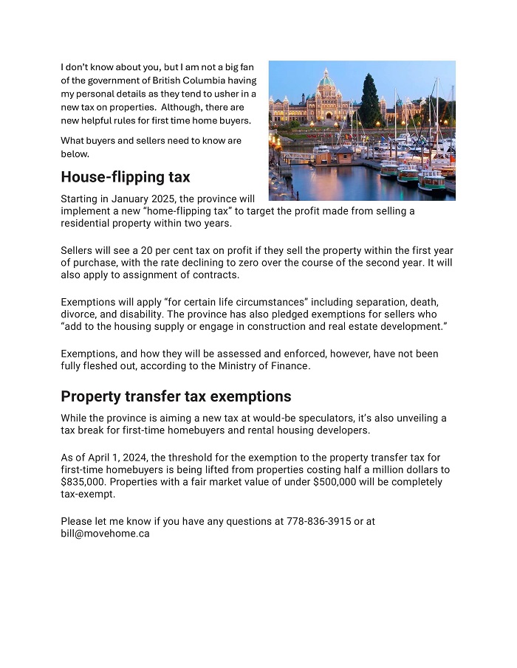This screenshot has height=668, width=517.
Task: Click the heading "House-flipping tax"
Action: pos(125,177)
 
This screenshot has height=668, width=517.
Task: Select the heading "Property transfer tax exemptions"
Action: pos(176,396)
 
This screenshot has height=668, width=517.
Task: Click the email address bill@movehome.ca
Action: pos(105,533)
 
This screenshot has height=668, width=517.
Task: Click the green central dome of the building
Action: pos(326,79)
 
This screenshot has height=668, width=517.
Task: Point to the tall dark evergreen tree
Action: pos(369,100)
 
